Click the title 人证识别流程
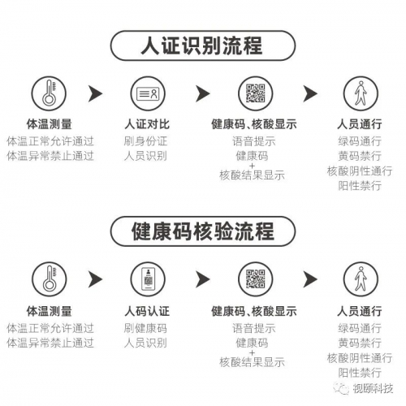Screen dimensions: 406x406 coord(201,45)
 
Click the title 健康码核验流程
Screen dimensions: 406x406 coord(202,231)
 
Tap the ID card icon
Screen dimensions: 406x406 coord(148,93)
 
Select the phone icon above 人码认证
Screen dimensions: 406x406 coord(148,279)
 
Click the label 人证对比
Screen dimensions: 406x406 coord(147,124)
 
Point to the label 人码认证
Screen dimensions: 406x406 coord(147,311)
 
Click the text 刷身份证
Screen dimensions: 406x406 coord(145,141)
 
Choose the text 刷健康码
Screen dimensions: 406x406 coord(145,328)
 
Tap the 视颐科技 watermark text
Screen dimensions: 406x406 coord(373,389)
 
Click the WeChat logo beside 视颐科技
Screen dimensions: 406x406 coord(341,389)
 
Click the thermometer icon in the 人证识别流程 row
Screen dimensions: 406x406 coord(49,93)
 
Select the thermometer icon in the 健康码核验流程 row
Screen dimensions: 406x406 coord(49,279)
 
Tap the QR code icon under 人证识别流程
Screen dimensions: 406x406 coord(255,93)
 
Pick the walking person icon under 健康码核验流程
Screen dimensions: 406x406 coord(361,279)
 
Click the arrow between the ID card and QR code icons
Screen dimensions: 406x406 coord(202,93)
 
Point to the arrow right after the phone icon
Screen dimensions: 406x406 coord(202,279)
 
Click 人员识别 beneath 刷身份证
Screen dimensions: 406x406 coord(145,156)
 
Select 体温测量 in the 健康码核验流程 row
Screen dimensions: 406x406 coord(49,311)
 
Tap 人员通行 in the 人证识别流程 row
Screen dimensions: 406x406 coord(360,124)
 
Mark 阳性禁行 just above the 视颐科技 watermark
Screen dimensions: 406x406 coord(360,373)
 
